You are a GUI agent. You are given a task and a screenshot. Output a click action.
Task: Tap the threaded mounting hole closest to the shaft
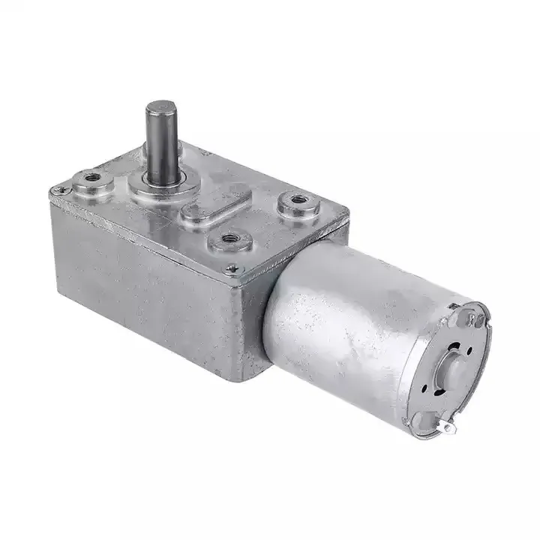[x=92, y=178]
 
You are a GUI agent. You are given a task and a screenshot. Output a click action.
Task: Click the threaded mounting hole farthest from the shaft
[x=298, y=200]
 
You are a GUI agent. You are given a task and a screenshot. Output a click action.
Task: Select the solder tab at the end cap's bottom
[x=448, y=427]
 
